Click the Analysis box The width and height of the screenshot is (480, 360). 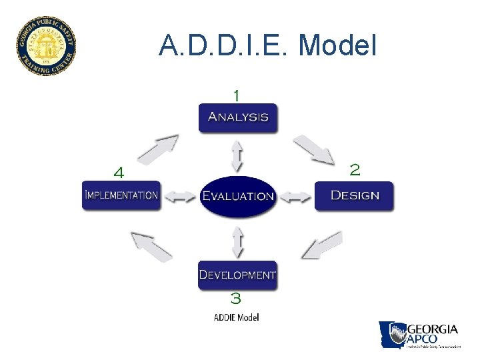point(238,117)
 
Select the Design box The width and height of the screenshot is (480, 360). point(354,195)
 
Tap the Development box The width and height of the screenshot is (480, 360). point(237,275)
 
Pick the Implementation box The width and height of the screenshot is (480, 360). point(121,195)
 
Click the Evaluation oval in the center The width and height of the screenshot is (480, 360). point(238,196)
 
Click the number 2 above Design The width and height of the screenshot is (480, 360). point(355,170)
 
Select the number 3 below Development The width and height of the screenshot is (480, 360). point(235,298)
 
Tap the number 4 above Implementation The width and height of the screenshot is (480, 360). point(119,173)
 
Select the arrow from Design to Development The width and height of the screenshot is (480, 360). point(321,245)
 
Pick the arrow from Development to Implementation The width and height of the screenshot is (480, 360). point(151,246)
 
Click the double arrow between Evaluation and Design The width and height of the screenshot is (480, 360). point(295,197)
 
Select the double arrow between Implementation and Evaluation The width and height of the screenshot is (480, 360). point(180,197)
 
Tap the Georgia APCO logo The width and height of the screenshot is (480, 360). point(419,335)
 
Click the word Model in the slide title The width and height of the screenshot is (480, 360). point(338,45)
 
